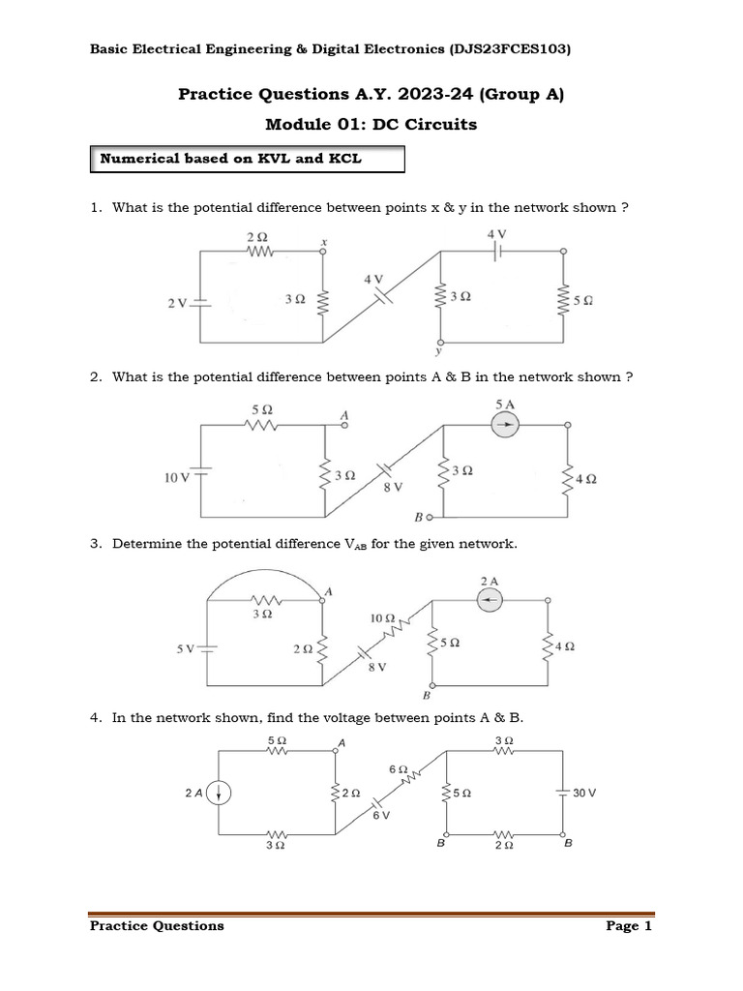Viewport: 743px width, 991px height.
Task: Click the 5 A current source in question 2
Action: pyautogui.click(x=505, y=425)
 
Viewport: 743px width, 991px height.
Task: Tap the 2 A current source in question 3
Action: pyautogui.click(x=490, y=601)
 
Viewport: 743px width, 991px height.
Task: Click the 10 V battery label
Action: pyautogui.click(x=176, y=477)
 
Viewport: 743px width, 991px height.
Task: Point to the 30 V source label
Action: pyautogui.click(x=584, y=792)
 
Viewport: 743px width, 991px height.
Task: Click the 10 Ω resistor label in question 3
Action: pyautogui.click(x=382, y=616)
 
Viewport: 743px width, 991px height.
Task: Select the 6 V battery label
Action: pyautogui.click(x=381, y=816)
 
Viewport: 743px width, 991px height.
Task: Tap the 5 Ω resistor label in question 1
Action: pyautogui.click(x=582, y=301)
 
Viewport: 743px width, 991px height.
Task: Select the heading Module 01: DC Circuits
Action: pyautogui.click(x=371, y=124)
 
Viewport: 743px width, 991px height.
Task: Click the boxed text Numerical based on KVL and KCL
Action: pyautogui.click(x=231, y=158)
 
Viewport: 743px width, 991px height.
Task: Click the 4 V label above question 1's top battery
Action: pyautogui.click(x=496, y=233)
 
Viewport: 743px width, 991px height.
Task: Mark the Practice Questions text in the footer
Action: pyautogui.click(x=157, y=926)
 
